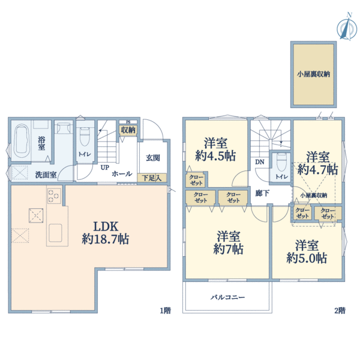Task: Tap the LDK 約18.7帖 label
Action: [x=106, y=233]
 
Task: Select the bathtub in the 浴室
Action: [x=22, y=141]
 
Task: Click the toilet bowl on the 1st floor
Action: [x=85, y=137]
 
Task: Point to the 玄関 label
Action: [x=153, y=158]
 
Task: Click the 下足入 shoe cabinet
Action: [x=152, y=178]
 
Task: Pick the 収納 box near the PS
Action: [x=128, y=130]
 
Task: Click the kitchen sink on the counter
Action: [x=55, y=233]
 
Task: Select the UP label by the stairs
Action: [x=104, y=167]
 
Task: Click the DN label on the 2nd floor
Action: [x=260, y=162]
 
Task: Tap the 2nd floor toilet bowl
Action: [x=281, y=162]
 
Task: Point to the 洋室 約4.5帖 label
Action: [x=215, y=149]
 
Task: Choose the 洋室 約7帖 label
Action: [x=228, y=242]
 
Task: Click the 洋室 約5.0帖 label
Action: [x=307, y=252]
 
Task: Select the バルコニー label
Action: [x=228, y=298]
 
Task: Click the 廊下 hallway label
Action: [x=262, y=193]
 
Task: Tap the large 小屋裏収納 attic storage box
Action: [x=313, y=74]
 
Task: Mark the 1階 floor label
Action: [x=166, y=311]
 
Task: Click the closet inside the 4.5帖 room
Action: [x=196, y=180]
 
